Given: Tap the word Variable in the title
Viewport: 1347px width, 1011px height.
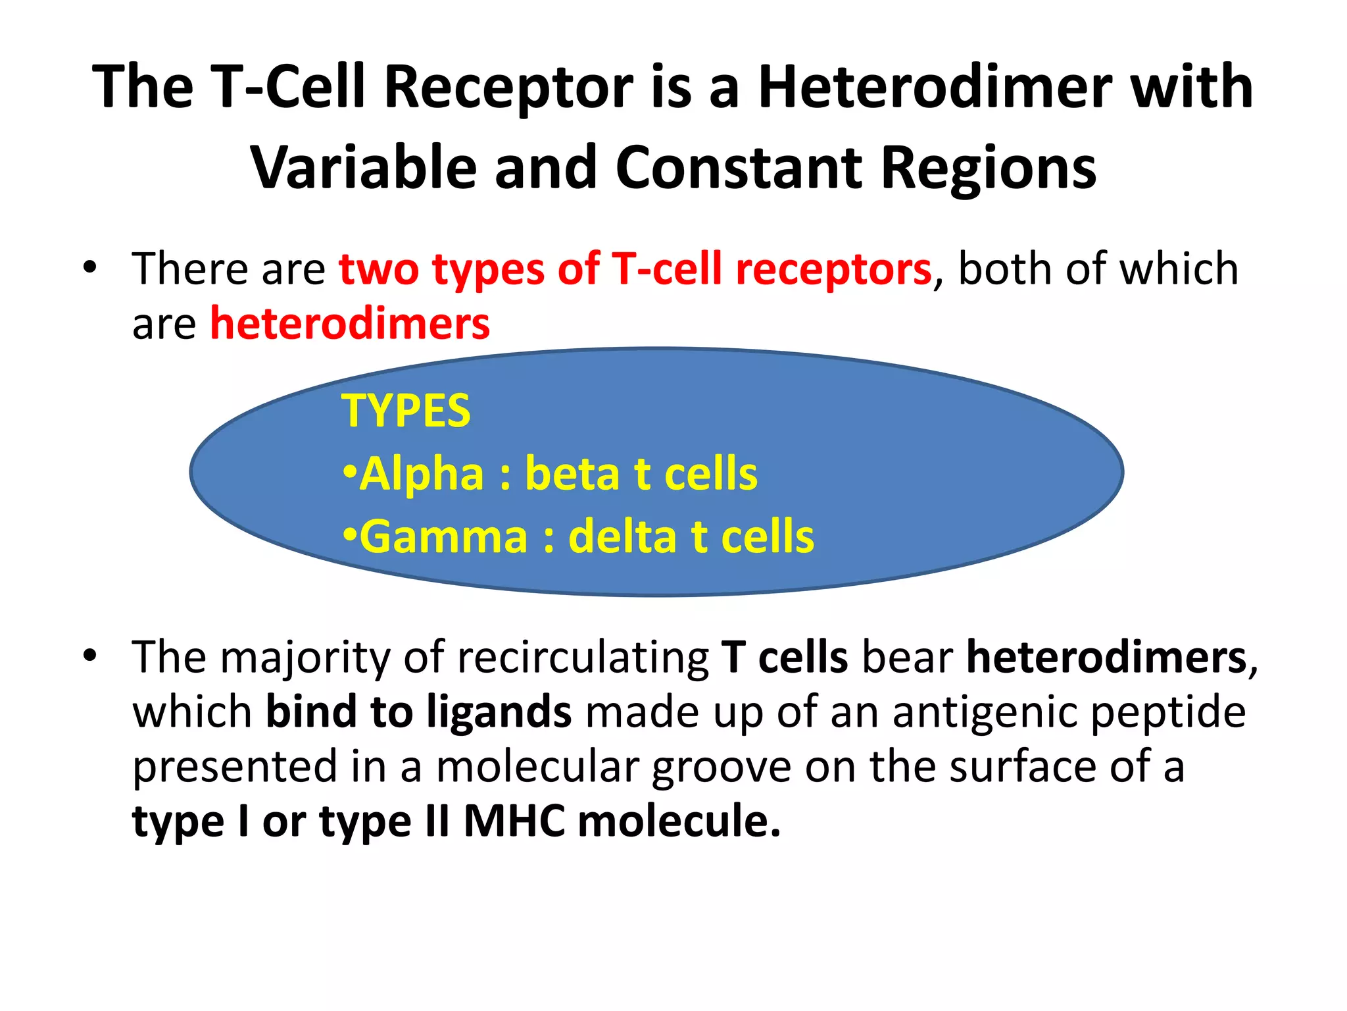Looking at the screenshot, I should pyautogui.click(x=363, y=168).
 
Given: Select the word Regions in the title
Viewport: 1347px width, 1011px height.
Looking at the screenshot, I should pyautogui.click(x=988, y=168).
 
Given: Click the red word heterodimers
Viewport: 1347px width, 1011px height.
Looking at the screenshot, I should pyautogui.click(x=350, y=324).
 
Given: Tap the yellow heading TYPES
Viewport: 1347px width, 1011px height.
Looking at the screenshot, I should pyautogui.click(x=406, y=411).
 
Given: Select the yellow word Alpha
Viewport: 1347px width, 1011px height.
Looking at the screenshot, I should pyautogui.click(x=422, y=474).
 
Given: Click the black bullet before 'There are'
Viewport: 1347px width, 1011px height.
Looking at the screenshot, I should pyautogui.click(x=90, y=268).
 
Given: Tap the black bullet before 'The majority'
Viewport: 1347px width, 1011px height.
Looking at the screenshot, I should pyautogui.click(x=90, y=656).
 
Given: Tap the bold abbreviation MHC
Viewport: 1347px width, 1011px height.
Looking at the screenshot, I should pyautogui.click(x=514, y=822).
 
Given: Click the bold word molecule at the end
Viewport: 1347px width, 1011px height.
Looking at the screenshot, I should pyautogui.click(x=677, y=822).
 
